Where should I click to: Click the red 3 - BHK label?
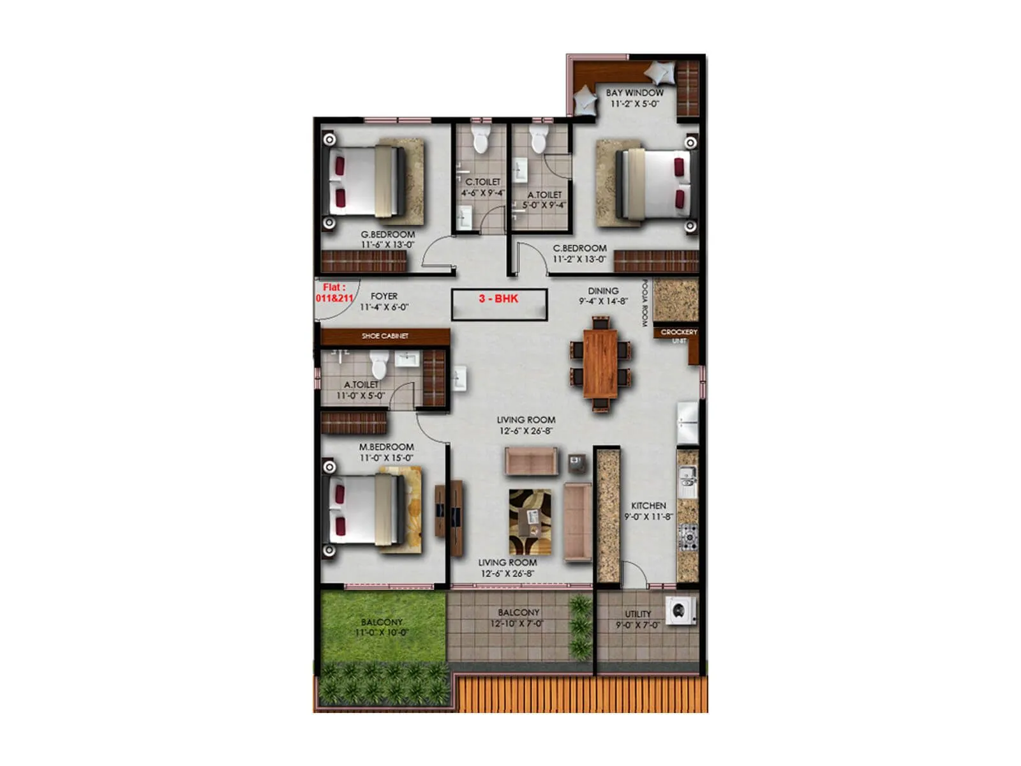(498, 299)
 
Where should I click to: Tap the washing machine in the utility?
(680, 611)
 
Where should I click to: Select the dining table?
(600, 364)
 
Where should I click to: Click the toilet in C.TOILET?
(481, 139)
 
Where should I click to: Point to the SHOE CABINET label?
(385, 336)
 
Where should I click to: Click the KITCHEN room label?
(648, 506)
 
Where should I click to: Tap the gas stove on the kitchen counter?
(688, 537)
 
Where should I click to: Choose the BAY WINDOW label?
(634, 93)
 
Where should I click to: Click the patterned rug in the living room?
(530, 522)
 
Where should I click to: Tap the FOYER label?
(384, 296)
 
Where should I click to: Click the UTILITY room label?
(638, 614)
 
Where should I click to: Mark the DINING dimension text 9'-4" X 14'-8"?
(603, 301)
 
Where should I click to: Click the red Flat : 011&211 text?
(334, 293)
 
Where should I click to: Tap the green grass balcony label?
(382, 622)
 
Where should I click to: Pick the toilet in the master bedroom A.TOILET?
(379, 366)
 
